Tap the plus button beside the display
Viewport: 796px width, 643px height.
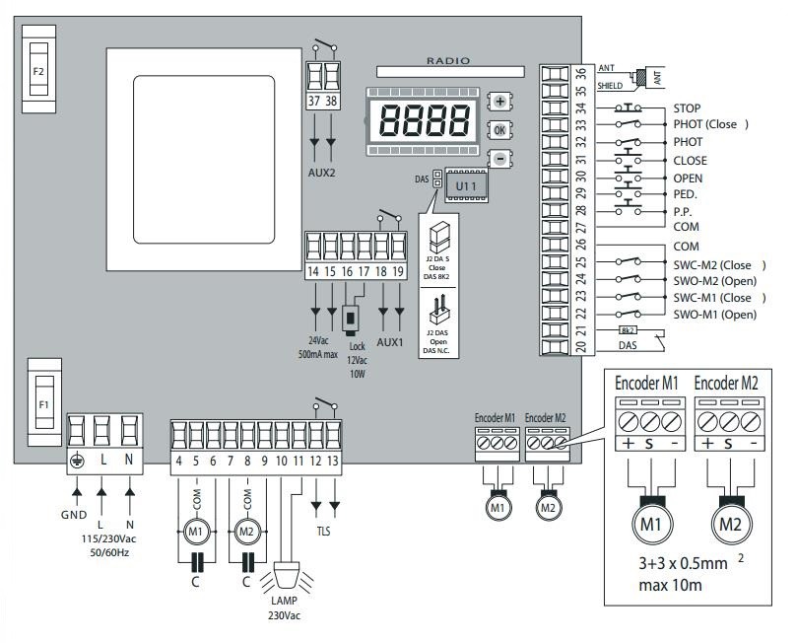[x=499, y=102]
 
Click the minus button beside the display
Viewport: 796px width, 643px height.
[x=499, y=158]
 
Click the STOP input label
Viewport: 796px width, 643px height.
[x=687, y=107]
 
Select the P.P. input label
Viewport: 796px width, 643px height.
[x=685, y=211]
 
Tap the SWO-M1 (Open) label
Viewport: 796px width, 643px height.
[x=715, y=314]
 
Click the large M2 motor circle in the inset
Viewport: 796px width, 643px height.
[x=729, y=524]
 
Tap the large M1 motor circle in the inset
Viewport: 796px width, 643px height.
[x=651, y=524]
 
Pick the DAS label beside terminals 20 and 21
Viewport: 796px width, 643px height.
[x=627, y=346]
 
